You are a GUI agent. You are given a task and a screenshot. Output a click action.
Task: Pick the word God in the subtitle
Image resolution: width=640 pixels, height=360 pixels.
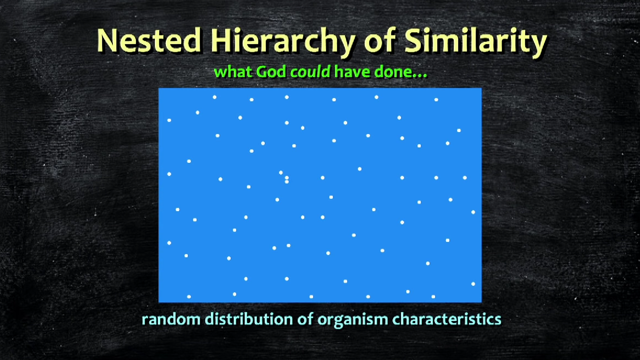pos(271,71)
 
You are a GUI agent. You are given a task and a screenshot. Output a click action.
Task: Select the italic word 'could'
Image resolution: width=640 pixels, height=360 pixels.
pos(310,71)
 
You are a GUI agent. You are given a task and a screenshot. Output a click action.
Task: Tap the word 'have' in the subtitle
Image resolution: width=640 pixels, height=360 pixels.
pos(352,71)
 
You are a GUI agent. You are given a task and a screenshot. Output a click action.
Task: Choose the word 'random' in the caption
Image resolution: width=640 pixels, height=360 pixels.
pos(171,319)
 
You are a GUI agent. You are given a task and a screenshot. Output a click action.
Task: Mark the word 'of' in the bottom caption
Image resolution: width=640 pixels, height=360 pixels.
pos(305,319)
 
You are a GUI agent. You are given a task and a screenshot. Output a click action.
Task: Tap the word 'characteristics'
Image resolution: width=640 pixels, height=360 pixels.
pos(447,319)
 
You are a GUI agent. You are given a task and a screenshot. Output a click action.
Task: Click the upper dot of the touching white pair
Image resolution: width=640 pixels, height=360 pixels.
pos(286,178)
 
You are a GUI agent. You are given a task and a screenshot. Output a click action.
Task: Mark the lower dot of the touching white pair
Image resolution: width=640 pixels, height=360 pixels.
pos(286,182)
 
